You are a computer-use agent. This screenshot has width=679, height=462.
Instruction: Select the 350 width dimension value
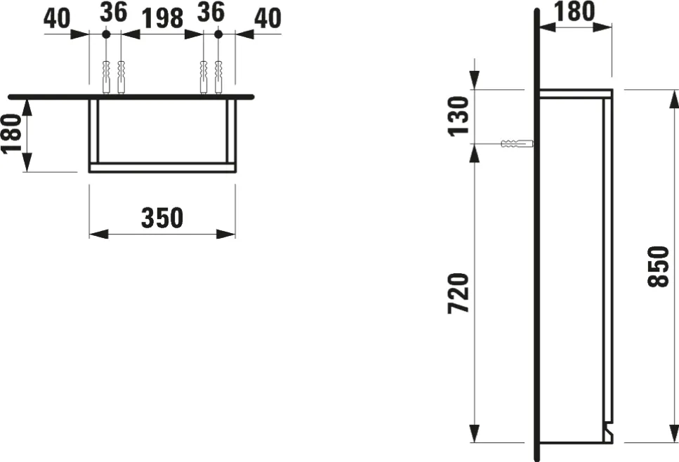tap(162, 218)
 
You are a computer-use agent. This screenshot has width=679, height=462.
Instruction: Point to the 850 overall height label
tap(658, 267)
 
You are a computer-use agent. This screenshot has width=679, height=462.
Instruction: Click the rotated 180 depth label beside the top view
tap(13, 136)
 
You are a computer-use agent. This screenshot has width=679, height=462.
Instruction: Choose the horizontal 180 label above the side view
tap(575, 11)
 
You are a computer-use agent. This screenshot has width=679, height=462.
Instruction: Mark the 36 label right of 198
tap(211, 12)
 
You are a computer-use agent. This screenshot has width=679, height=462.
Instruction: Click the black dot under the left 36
tap(105, 34)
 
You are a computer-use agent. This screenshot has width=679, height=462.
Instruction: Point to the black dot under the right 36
tap(218, 34)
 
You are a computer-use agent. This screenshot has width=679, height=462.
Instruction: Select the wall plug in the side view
tap(515, 145)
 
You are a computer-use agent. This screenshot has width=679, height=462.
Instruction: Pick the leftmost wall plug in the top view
tap(106, 77)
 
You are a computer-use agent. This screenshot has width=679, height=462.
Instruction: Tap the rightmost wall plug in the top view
tap(218, 77)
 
